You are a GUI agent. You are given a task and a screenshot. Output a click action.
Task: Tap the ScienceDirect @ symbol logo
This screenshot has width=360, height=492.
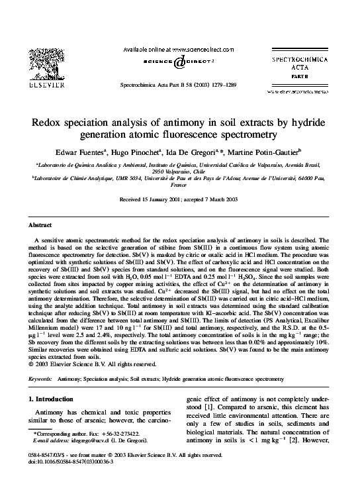[x=179, y=62]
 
